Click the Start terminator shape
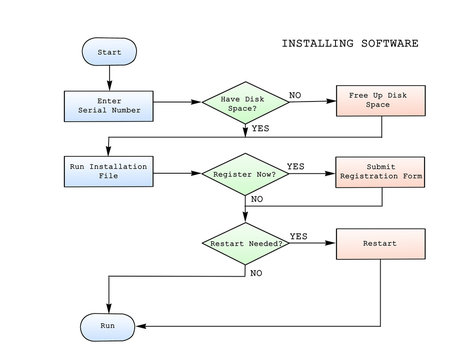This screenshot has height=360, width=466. point(108,51)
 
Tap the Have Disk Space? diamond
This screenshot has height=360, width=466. point(244,102)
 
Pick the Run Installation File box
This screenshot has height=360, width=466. point(108,172)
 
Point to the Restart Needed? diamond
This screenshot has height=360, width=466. point(244,244)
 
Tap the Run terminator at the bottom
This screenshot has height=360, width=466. point(108,326)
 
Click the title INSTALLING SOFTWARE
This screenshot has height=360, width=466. point(349,44)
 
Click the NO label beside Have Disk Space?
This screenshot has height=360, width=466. point(295,94)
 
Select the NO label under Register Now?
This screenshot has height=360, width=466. point(258,199)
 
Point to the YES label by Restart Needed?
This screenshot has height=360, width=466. point(298,236)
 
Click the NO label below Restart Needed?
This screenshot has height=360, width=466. point(256,272)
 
